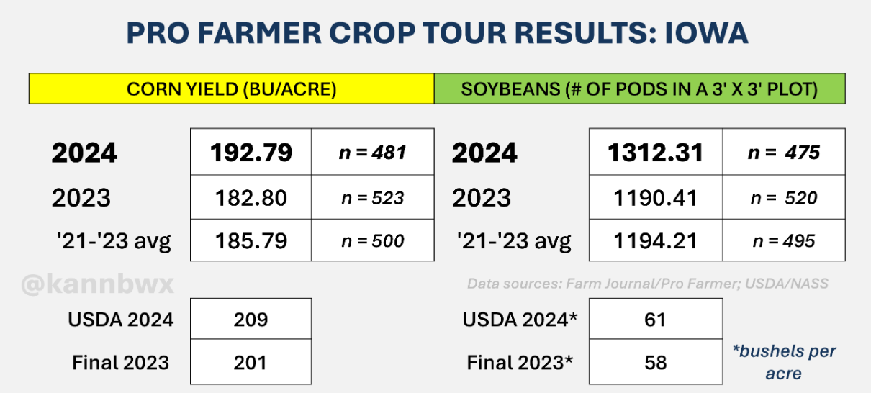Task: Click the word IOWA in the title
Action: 706,33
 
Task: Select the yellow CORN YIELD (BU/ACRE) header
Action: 231,89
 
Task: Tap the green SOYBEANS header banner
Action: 640,89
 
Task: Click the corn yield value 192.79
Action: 251,153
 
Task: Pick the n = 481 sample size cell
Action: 372,153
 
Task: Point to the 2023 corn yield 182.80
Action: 251,198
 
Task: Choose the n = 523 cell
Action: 372,198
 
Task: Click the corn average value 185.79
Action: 251,240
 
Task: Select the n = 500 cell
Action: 372,241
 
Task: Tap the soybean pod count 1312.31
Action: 656,153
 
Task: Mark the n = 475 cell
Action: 783,153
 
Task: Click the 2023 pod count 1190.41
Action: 656,198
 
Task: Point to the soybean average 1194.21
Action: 656,240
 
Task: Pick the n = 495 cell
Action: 783,241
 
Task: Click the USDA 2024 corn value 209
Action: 251,320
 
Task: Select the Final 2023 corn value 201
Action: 251,363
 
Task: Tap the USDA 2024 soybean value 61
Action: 655,320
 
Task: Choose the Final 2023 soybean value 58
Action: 656,363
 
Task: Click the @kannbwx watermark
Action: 97,284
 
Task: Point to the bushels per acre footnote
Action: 784,362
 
